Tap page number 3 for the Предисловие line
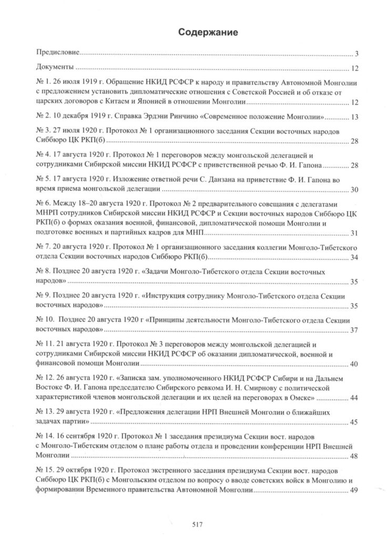[x=356, y=54]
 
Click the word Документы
[x=55, y=68]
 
